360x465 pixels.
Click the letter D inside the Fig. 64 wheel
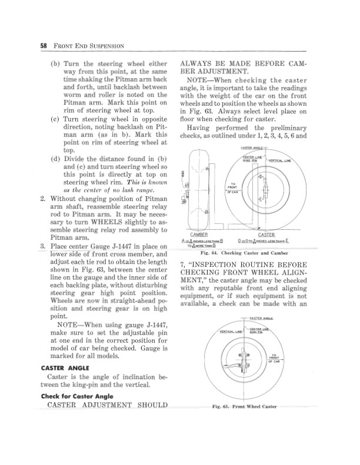[x=261, y=176]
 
